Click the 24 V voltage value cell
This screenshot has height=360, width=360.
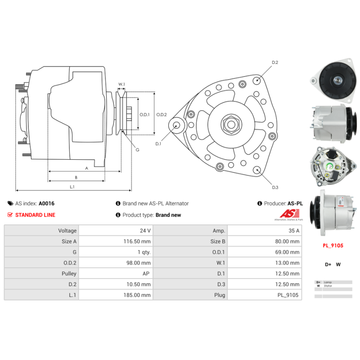(x=145, y=231)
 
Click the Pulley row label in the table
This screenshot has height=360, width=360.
(x=69, y=274)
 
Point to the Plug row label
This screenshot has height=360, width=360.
(x=219, y=295)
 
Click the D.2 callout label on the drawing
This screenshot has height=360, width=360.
(x=275, y=63)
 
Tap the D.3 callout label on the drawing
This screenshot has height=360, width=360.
(x=275, y=187)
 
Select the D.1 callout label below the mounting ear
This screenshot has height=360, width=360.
(x=158, y=144)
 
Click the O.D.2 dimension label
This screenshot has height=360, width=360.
(x=162, y=115)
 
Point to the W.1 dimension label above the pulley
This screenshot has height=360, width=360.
(x=121, y=84)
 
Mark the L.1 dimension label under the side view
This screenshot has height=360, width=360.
(x=72, y=186)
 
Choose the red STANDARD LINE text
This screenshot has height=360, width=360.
(x=35, y=215)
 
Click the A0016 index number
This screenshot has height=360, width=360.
(x=46, y=203)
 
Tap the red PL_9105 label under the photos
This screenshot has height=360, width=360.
(x=333, y=246)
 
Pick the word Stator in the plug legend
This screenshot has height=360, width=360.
(x=328, y=286)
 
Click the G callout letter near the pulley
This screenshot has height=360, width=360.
(x=137, y=149)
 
